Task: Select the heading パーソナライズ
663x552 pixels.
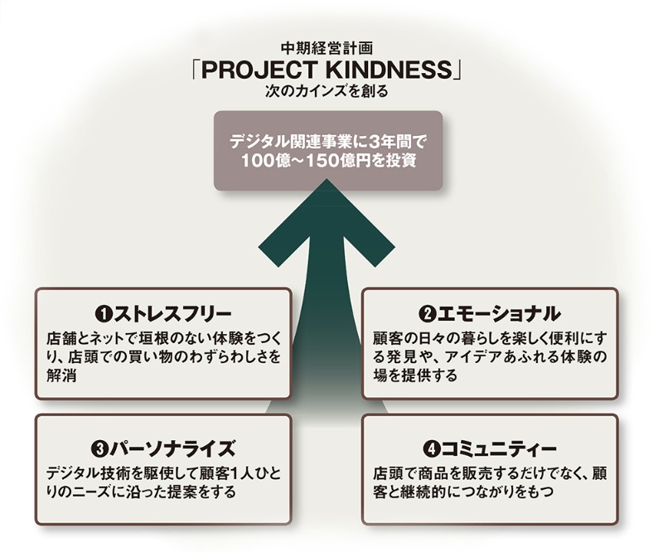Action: [170, 449]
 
